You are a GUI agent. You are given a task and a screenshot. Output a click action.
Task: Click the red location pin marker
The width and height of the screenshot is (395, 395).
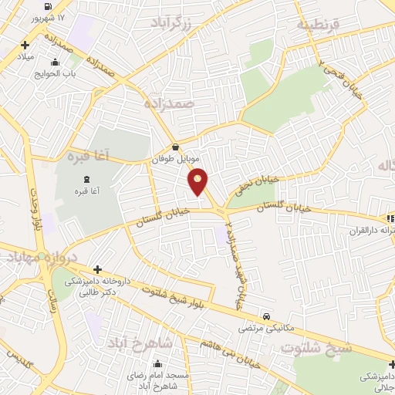click(x=198, y=181)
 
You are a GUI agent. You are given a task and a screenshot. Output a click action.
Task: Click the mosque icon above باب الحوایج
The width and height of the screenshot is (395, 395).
click(x=53, y=62)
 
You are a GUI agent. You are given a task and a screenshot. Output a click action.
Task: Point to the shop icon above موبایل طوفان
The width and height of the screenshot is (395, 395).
click(x=176, y=145)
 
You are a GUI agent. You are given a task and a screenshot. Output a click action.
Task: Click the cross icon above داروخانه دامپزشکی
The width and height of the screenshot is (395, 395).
click(x=97, y=269)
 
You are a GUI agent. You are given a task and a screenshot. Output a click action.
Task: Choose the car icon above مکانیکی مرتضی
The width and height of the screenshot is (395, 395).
click(x=266, y=316)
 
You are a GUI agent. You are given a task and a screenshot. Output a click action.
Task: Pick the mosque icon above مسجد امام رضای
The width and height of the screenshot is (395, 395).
click(x=158, y=364)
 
